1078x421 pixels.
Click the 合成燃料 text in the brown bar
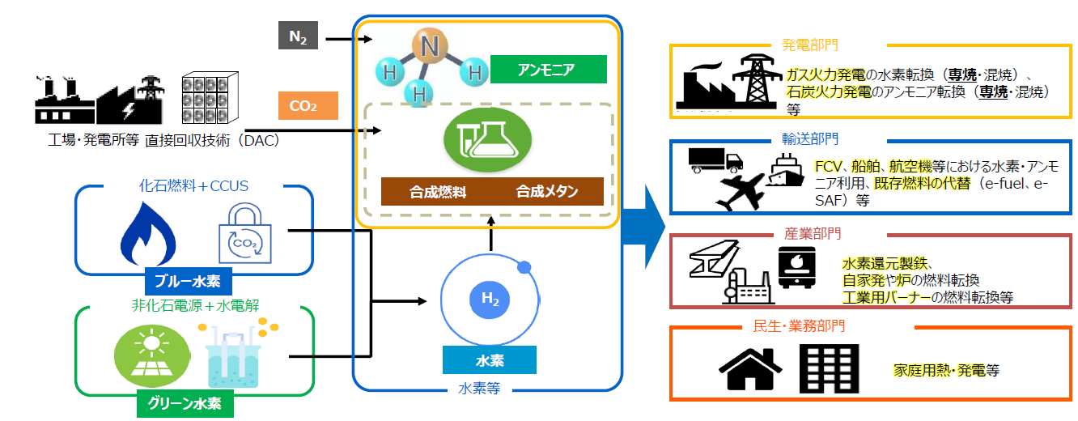[x=437, y=192]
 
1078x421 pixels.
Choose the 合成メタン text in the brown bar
[x=547, y=192]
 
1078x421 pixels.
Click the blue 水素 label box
[x=489, y=359]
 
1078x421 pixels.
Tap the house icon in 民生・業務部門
[x=749, y=371]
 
